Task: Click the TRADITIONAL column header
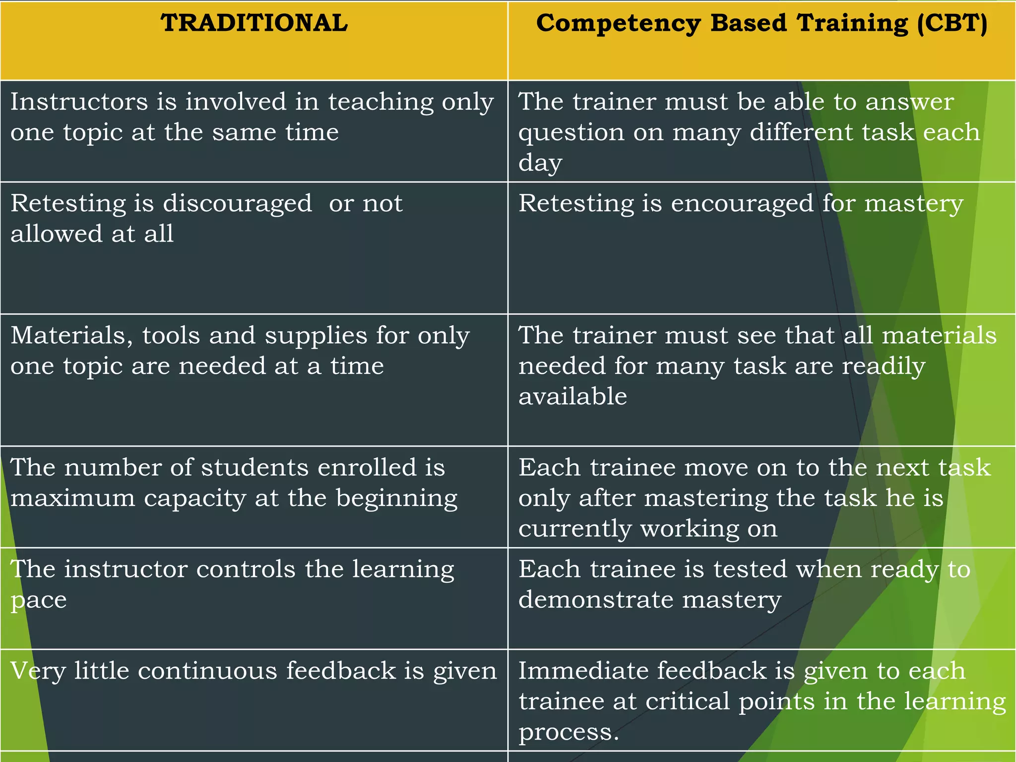tap(254, 23)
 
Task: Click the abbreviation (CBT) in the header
tap(952, 23)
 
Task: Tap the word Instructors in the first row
tap(79, 102)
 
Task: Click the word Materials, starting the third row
tap(72, 336)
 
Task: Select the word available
tap(572, 396)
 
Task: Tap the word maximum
tap(72, 498)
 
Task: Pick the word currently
tap(575, 529)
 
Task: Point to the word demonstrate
tap(596, 600)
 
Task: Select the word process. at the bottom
tap(569, 732)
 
